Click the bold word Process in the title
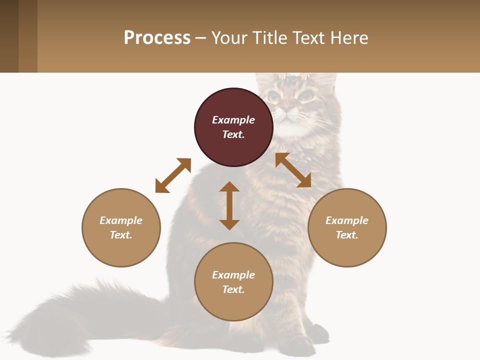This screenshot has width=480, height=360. [157, 38]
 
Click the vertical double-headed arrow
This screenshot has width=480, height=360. [229, 205]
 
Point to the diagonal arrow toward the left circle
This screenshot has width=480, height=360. [173, 175]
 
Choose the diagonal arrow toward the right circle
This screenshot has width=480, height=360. [293, 170]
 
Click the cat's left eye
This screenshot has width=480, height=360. [273, 96]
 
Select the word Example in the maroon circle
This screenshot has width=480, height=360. [233, 120]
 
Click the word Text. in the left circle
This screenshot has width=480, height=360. [121, 235]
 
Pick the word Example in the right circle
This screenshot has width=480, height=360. [347, 220]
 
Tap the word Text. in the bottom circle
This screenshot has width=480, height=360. [233, 289]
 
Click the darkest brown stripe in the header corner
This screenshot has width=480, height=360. [9, 36]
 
